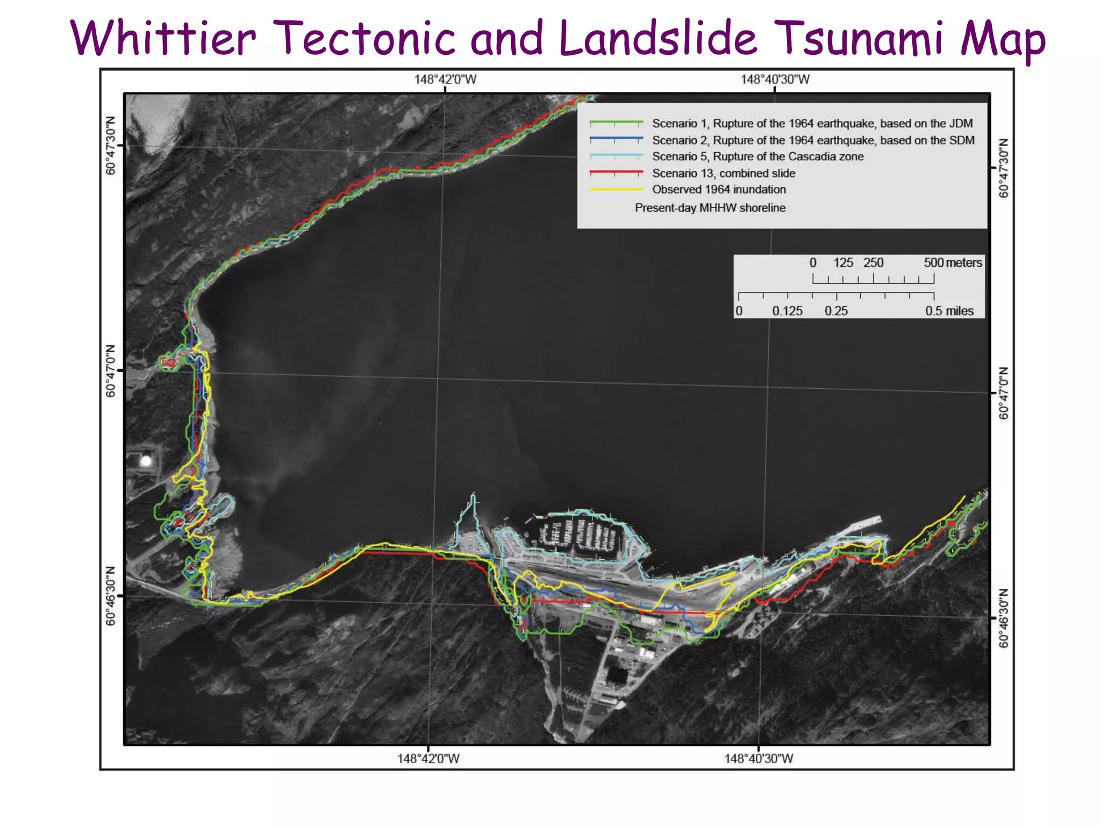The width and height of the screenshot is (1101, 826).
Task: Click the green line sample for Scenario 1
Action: [x=616, y=123]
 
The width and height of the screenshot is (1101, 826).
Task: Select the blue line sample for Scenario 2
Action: [x=616, y=139]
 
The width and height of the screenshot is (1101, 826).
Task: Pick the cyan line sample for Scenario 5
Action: [x=616, y=156]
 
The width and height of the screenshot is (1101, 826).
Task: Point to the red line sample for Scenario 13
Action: [x=616, y=173]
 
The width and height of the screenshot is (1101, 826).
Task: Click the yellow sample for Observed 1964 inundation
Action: [x=616, y=189]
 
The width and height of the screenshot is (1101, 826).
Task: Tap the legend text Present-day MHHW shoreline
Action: [x=710, y=208]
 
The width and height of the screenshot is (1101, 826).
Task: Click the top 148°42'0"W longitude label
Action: [x=445, y=80]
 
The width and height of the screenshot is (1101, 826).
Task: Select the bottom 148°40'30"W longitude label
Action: [x=758, y=758]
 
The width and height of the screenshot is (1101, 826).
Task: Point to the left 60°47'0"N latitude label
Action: [x=111, y=371]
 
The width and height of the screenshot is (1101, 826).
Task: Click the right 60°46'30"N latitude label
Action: [x=1004, y=618]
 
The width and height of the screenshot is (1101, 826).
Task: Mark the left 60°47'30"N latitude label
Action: [x=111, y=145]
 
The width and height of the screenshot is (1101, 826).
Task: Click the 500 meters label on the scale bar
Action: [x=953, y=262]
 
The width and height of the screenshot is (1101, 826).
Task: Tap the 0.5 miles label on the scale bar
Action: [x=949, y=311]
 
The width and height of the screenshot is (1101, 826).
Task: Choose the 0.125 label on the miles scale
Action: [x=787, y=311]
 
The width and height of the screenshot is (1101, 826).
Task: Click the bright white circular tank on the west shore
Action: [x=146, y=461]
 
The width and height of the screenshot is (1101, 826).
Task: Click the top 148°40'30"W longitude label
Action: [x=775, y=80]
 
